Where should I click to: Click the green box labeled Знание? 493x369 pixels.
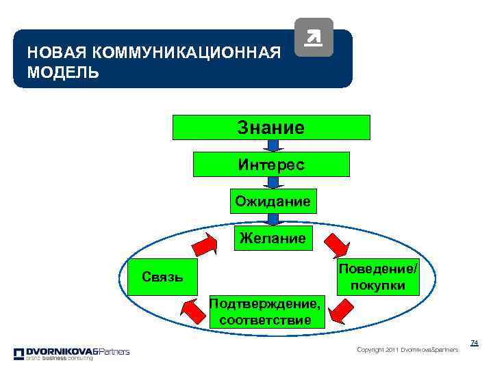click(x=271, y=127)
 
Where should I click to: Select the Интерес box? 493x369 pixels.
click(x=271, y=164)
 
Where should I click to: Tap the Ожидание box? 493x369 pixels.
click(x=273, y=201)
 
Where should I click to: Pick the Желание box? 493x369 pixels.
click(x=272, y=238)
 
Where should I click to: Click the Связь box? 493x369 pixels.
click(x=162, y=276)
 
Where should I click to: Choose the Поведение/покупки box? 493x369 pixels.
click(x=377, y=277)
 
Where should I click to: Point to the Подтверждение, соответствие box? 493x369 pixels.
click(x=266, y=311)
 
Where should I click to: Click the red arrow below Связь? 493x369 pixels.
click(x=193, y=312)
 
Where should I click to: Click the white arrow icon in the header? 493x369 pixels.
click(x=313, y=37)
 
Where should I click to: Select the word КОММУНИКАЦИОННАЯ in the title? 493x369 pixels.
click(x=186, y=53)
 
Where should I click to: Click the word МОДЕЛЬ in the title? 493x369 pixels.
click(x=63, y=72)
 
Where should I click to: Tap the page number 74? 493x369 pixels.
click(x=474, y=342)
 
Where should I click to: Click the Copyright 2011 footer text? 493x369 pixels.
click(x=407, y=350)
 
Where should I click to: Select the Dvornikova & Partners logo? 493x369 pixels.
click(x=71, y=353)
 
